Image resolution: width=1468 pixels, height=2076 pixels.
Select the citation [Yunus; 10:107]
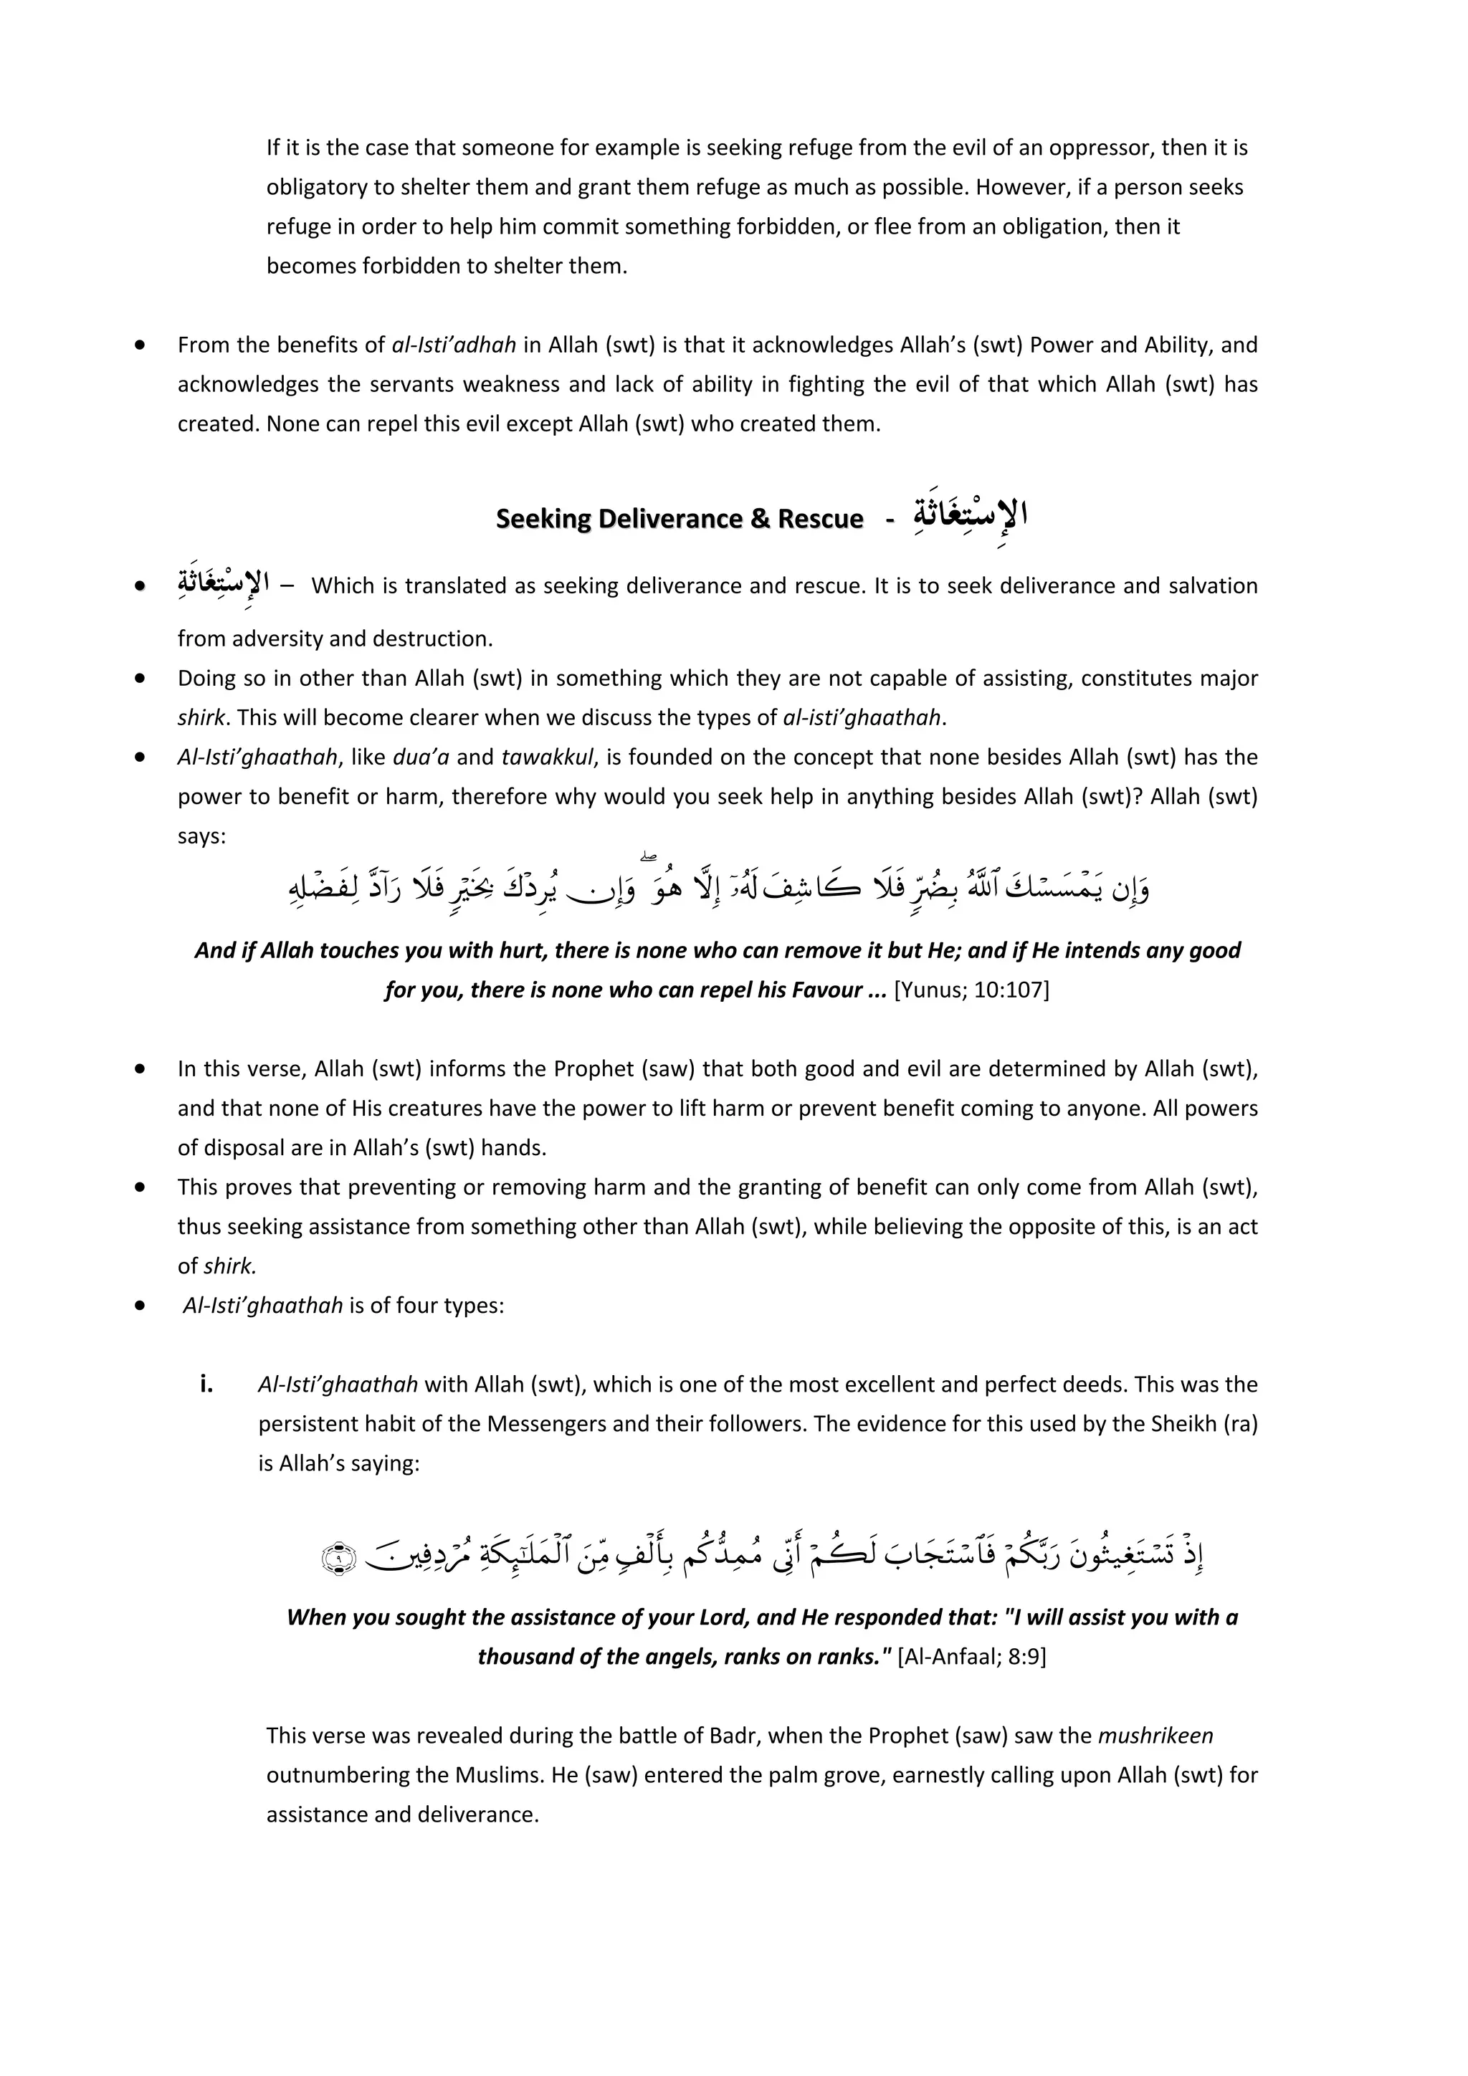pos(971,990)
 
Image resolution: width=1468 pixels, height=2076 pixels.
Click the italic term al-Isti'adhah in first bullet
pos(454,345)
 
